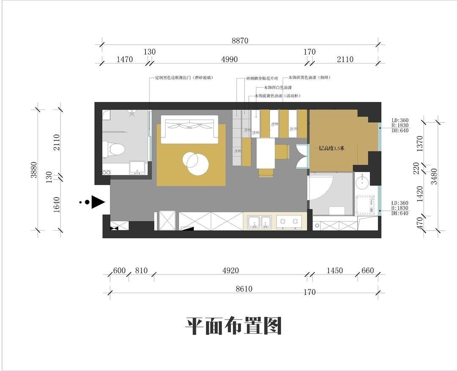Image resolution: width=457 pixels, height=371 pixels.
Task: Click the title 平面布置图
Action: coord(234,326)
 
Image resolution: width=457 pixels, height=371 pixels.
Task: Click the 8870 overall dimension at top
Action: coord(240,41)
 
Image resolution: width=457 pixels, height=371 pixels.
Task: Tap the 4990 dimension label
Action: coord(229,60)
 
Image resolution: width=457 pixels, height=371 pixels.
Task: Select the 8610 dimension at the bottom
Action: coord(244,289)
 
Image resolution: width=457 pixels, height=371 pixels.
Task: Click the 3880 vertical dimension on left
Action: coord(34,170)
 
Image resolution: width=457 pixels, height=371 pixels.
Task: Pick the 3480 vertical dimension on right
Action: coord(433,176)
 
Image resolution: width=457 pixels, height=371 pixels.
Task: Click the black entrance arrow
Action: coord(98,202)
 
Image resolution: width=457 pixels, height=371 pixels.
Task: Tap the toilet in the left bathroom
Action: coord(113,149)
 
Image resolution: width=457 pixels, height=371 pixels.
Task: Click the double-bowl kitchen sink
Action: coord(260,222)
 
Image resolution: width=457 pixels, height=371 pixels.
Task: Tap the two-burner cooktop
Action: coord(289,221)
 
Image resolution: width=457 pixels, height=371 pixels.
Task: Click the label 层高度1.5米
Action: coord(332,148)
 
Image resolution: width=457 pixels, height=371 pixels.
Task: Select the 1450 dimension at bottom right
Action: coord(335,271)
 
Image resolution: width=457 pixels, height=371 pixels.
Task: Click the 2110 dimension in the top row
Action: coord(345,60)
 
